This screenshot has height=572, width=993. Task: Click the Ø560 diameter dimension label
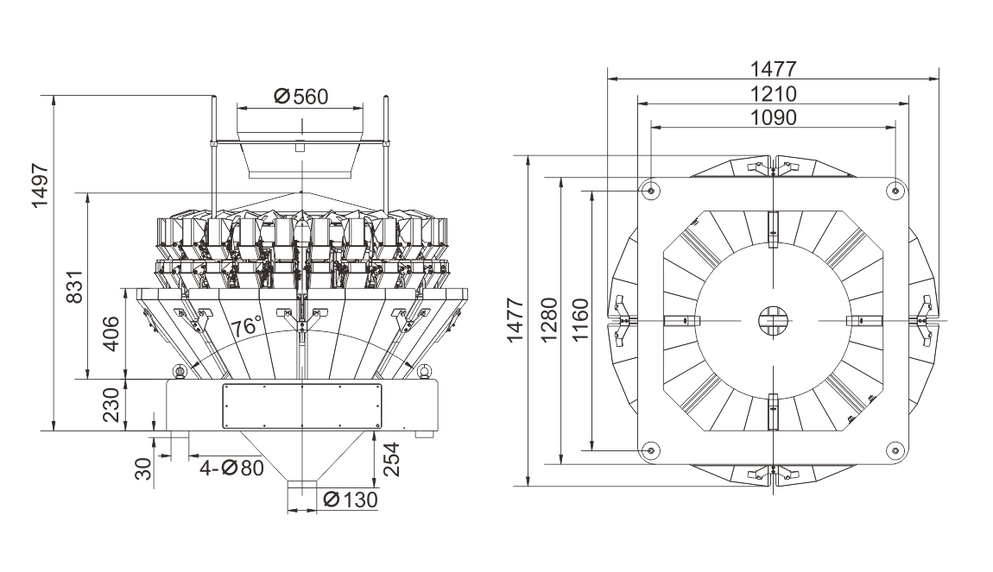pyautogui.click(x=300, y=96)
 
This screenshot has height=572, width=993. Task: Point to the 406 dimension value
pyautogui.click(x=109, y=333)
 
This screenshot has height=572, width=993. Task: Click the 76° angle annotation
pyautogui.click(x=247, y=326)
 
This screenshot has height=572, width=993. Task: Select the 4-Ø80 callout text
pyautogui.click(x=231, y=468)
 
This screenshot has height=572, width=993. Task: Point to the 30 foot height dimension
pyautogui.click(x=143, y=468)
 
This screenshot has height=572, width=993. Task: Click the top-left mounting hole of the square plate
pyautogui.click(x=650, y=189)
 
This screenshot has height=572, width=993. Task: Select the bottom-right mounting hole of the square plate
pyautogui.click(x=895, y=449)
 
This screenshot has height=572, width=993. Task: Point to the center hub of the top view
pyautogui.click(x=773, y=320)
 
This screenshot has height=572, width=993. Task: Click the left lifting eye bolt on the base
pyautogui.click(x=180, y=372)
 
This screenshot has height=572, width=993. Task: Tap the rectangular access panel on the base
pyautogui.click(x=301, y=405)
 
